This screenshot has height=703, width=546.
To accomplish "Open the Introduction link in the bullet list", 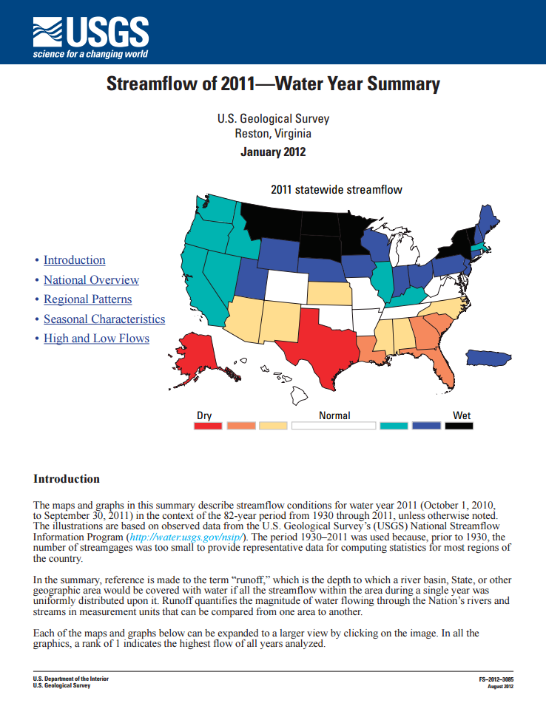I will (74, 260).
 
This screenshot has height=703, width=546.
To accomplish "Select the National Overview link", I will (91, 280).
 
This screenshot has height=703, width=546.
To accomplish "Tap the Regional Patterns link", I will (87, 299).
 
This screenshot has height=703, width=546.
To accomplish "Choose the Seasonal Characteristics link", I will (104, 319).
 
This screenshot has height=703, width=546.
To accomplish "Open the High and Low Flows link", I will (96, 339).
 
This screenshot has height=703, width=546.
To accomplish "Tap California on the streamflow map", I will (203, 288).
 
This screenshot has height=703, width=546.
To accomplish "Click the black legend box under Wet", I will (459, 426).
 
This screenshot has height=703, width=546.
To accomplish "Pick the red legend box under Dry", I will (208, 426).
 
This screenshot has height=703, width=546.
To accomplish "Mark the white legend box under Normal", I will (334, 426).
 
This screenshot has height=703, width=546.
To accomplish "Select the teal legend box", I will (394, 426).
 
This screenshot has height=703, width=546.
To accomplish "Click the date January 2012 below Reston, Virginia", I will (273, 152).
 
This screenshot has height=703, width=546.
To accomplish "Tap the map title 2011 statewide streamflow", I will (337, 190).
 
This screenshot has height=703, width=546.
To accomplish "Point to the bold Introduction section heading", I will (67, 479).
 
